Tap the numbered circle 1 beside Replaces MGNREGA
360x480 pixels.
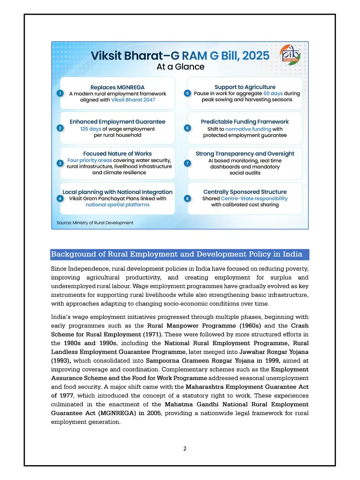[59, 93]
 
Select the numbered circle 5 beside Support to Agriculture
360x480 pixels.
[187, 93]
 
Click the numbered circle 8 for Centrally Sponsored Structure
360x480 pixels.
[187, 198]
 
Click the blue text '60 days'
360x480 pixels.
[263, 93]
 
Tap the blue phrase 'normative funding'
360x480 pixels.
[248, 129]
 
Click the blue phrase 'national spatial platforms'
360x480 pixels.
[117, 205]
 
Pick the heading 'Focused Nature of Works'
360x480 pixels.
[117, 154]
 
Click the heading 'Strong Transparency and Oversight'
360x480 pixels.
[245, 154]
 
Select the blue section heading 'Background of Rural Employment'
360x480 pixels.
[179, 254]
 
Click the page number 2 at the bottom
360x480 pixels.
[185, 449]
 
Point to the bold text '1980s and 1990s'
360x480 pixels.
[90, 343]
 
